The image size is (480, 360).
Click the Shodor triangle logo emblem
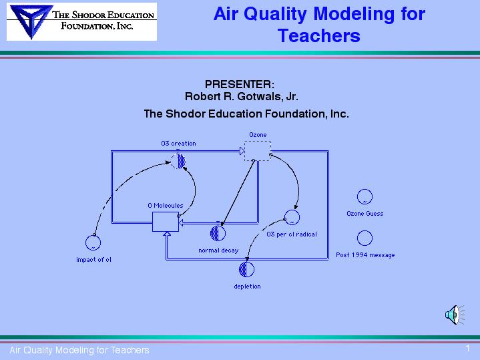[x=31, y=21]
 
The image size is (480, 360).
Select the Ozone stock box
[x=258, y=151]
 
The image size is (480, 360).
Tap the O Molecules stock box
[x=166, y=222]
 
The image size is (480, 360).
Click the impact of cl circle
[x=93, y=242]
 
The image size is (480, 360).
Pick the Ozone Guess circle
[x=365, y=197]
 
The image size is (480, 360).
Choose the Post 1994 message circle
[x=365, y=238]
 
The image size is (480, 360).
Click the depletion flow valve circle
[x=246, y=269]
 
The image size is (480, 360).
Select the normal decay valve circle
[x=218, y=233]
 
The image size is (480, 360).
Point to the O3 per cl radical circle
[x=292, y=217]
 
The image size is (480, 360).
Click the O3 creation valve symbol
[x=178, y=160]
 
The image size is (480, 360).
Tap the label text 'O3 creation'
[x=178, y=144]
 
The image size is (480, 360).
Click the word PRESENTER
[x=240, y=84]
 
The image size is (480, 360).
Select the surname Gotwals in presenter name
[x=260, y=96]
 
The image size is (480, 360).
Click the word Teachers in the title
[x=319, y=35]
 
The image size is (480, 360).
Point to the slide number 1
[x=468, y=348]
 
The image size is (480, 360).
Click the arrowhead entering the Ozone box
[x=242, y=151]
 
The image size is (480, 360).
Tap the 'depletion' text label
[x=248, y=287]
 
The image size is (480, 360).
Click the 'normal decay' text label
[x=218, y=250]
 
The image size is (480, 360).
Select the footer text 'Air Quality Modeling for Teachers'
[x=79, y=350]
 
